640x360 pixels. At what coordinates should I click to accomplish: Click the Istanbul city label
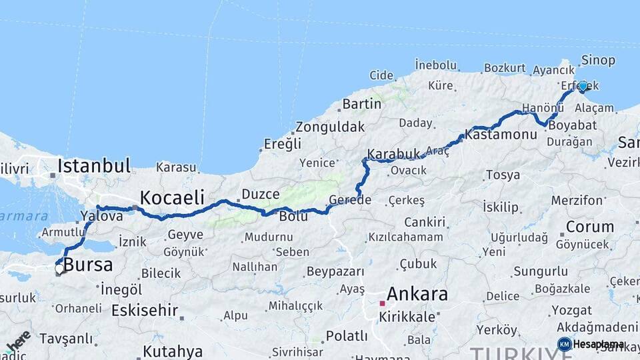(94, 165)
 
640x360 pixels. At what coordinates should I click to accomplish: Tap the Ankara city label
(417, 293)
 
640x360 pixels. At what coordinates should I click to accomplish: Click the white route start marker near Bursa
(59, 269)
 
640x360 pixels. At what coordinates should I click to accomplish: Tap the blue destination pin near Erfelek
(583, 86)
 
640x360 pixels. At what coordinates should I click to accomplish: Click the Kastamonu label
(501, 135)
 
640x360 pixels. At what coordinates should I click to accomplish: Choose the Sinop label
(598, 60)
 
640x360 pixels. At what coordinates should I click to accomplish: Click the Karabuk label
(394, 153)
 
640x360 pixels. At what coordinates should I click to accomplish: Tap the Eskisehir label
(145, 310)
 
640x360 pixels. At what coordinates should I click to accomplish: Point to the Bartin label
(362, 104)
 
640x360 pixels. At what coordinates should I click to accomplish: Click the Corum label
(589, 227)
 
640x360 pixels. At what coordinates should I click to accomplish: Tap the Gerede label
(349, 200)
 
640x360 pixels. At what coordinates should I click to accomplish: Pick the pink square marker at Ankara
(382, 303)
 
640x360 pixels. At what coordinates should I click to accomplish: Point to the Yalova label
(101, 216)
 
